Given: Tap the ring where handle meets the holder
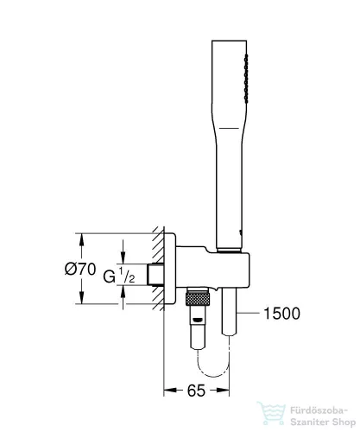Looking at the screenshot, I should (232, 251).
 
